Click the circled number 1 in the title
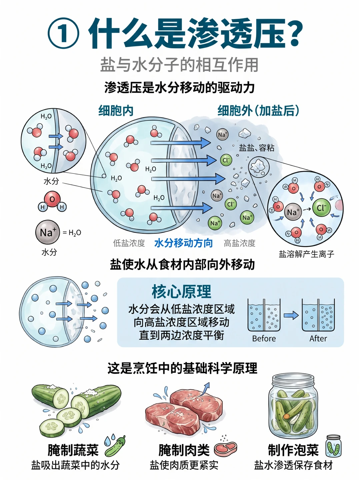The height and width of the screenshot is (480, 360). tap(63, 33)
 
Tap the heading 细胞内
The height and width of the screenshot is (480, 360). tap(116, 110)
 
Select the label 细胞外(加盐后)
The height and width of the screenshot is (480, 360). tap(258, 110)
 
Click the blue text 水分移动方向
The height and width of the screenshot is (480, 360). tap(184, 243)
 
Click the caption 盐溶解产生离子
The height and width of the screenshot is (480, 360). tap(306, 254)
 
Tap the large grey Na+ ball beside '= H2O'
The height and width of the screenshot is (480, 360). tap(48, 232)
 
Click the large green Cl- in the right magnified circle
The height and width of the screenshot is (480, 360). tap(321, 208)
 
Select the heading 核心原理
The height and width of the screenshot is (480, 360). tap(181, 291)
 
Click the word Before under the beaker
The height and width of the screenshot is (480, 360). tap(264, 339)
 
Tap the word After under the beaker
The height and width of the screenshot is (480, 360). tap(318, 339)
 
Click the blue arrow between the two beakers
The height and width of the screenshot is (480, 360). tap(291, 315)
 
